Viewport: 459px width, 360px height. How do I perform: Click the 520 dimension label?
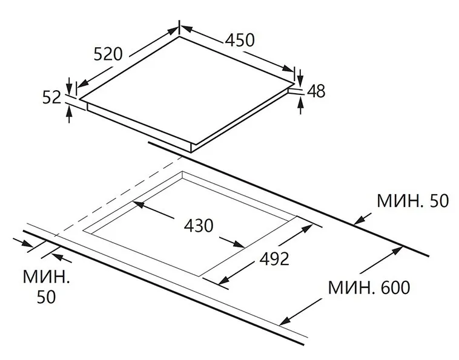coord(108,54)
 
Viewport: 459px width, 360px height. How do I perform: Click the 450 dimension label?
coord(240,40)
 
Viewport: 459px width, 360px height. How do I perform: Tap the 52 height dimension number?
coord(51,97)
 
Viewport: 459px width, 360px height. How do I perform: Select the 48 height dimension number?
coord(316,91)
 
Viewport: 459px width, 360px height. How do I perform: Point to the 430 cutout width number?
coord(199,226)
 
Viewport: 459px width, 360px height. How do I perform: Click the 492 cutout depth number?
coord(274,258)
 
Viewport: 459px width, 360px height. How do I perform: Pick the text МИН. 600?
coord(369,287)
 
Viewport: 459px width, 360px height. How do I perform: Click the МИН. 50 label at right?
coord(413,201)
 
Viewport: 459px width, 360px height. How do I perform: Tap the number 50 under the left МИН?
coord(46,297)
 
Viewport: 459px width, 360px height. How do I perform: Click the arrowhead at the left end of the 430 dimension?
coord(138,204)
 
